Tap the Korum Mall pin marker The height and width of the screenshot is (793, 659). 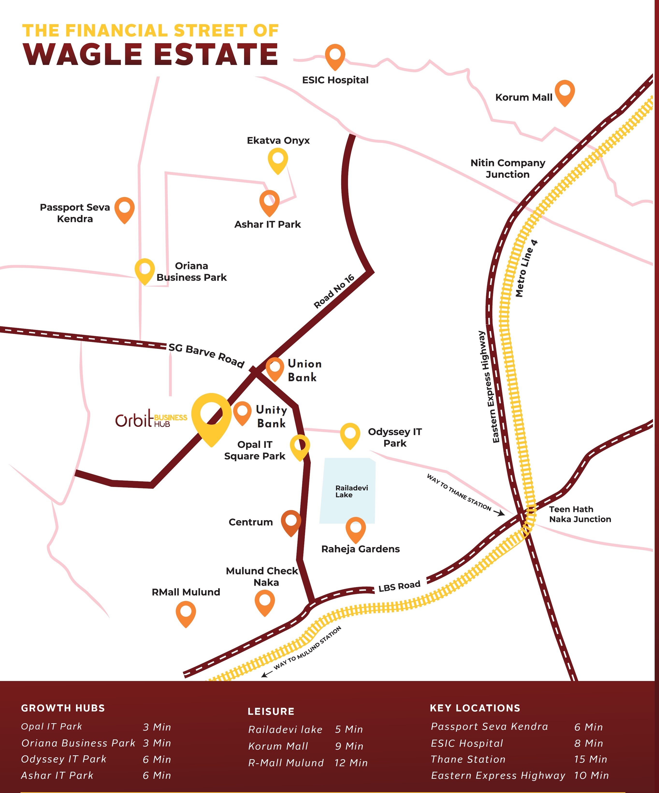pos(565,92)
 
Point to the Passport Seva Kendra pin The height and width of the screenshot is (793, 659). pos(124,209)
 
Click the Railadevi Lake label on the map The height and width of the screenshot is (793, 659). pos(351,491)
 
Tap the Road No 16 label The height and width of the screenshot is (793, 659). pos(334,292)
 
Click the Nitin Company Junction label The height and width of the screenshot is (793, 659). pos(508,168)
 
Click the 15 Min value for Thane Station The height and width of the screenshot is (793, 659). pos(590,759)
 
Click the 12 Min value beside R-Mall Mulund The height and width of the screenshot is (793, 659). pos(351,763)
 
